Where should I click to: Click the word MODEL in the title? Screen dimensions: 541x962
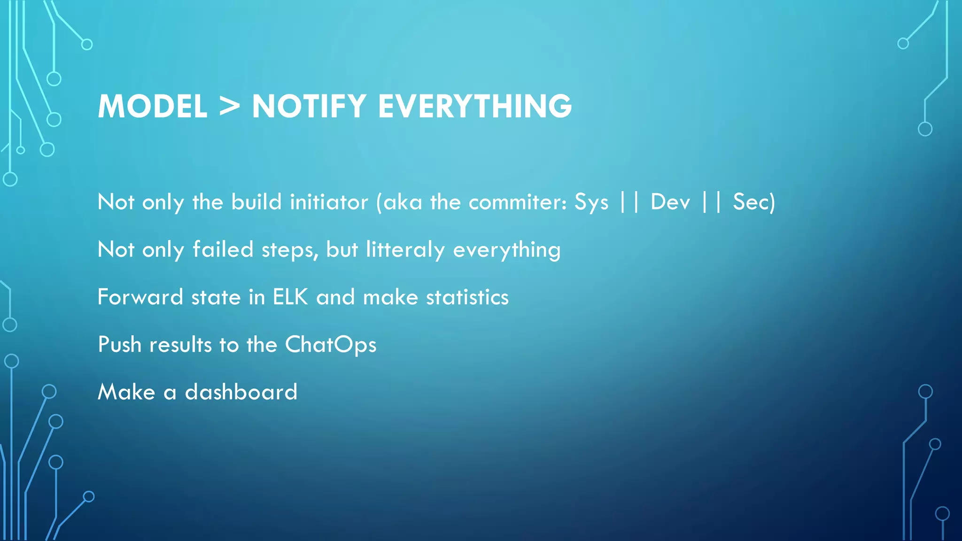click(152, 106)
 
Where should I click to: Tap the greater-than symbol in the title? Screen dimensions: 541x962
click(229, 106)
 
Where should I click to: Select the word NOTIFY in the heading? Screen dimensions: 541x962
click(309, 106)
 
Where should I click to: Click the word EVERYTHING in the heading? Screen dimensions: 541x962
click(475, 106)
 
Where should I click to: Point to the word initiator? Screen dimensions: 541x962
click(329, 202)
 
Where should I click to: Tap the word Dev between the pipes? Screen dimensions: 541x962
click(670, 202)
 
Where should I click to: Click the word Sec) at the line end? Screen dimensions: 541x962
click(753, 202)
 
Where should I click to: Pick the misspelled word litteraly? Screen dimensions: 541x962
click(405, 250)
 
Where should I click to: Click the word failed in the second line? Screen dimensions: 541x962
click(223, 249)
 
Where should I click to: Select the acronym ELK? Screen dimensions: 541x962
click(290, 297)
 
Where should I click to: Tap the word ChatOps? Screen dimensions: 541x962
click(331, 345)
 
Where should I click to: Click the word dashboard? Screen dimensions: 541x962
click(241, 392)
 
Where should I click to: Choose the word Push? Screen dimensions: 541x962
click(119, 345)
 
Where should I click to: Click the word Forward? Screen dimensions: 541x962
click(140, 297)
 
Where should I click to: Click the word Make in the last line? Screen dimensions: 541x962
click(126, 392)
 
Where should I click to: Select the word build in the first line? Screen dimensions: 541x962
click(256, 202)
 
